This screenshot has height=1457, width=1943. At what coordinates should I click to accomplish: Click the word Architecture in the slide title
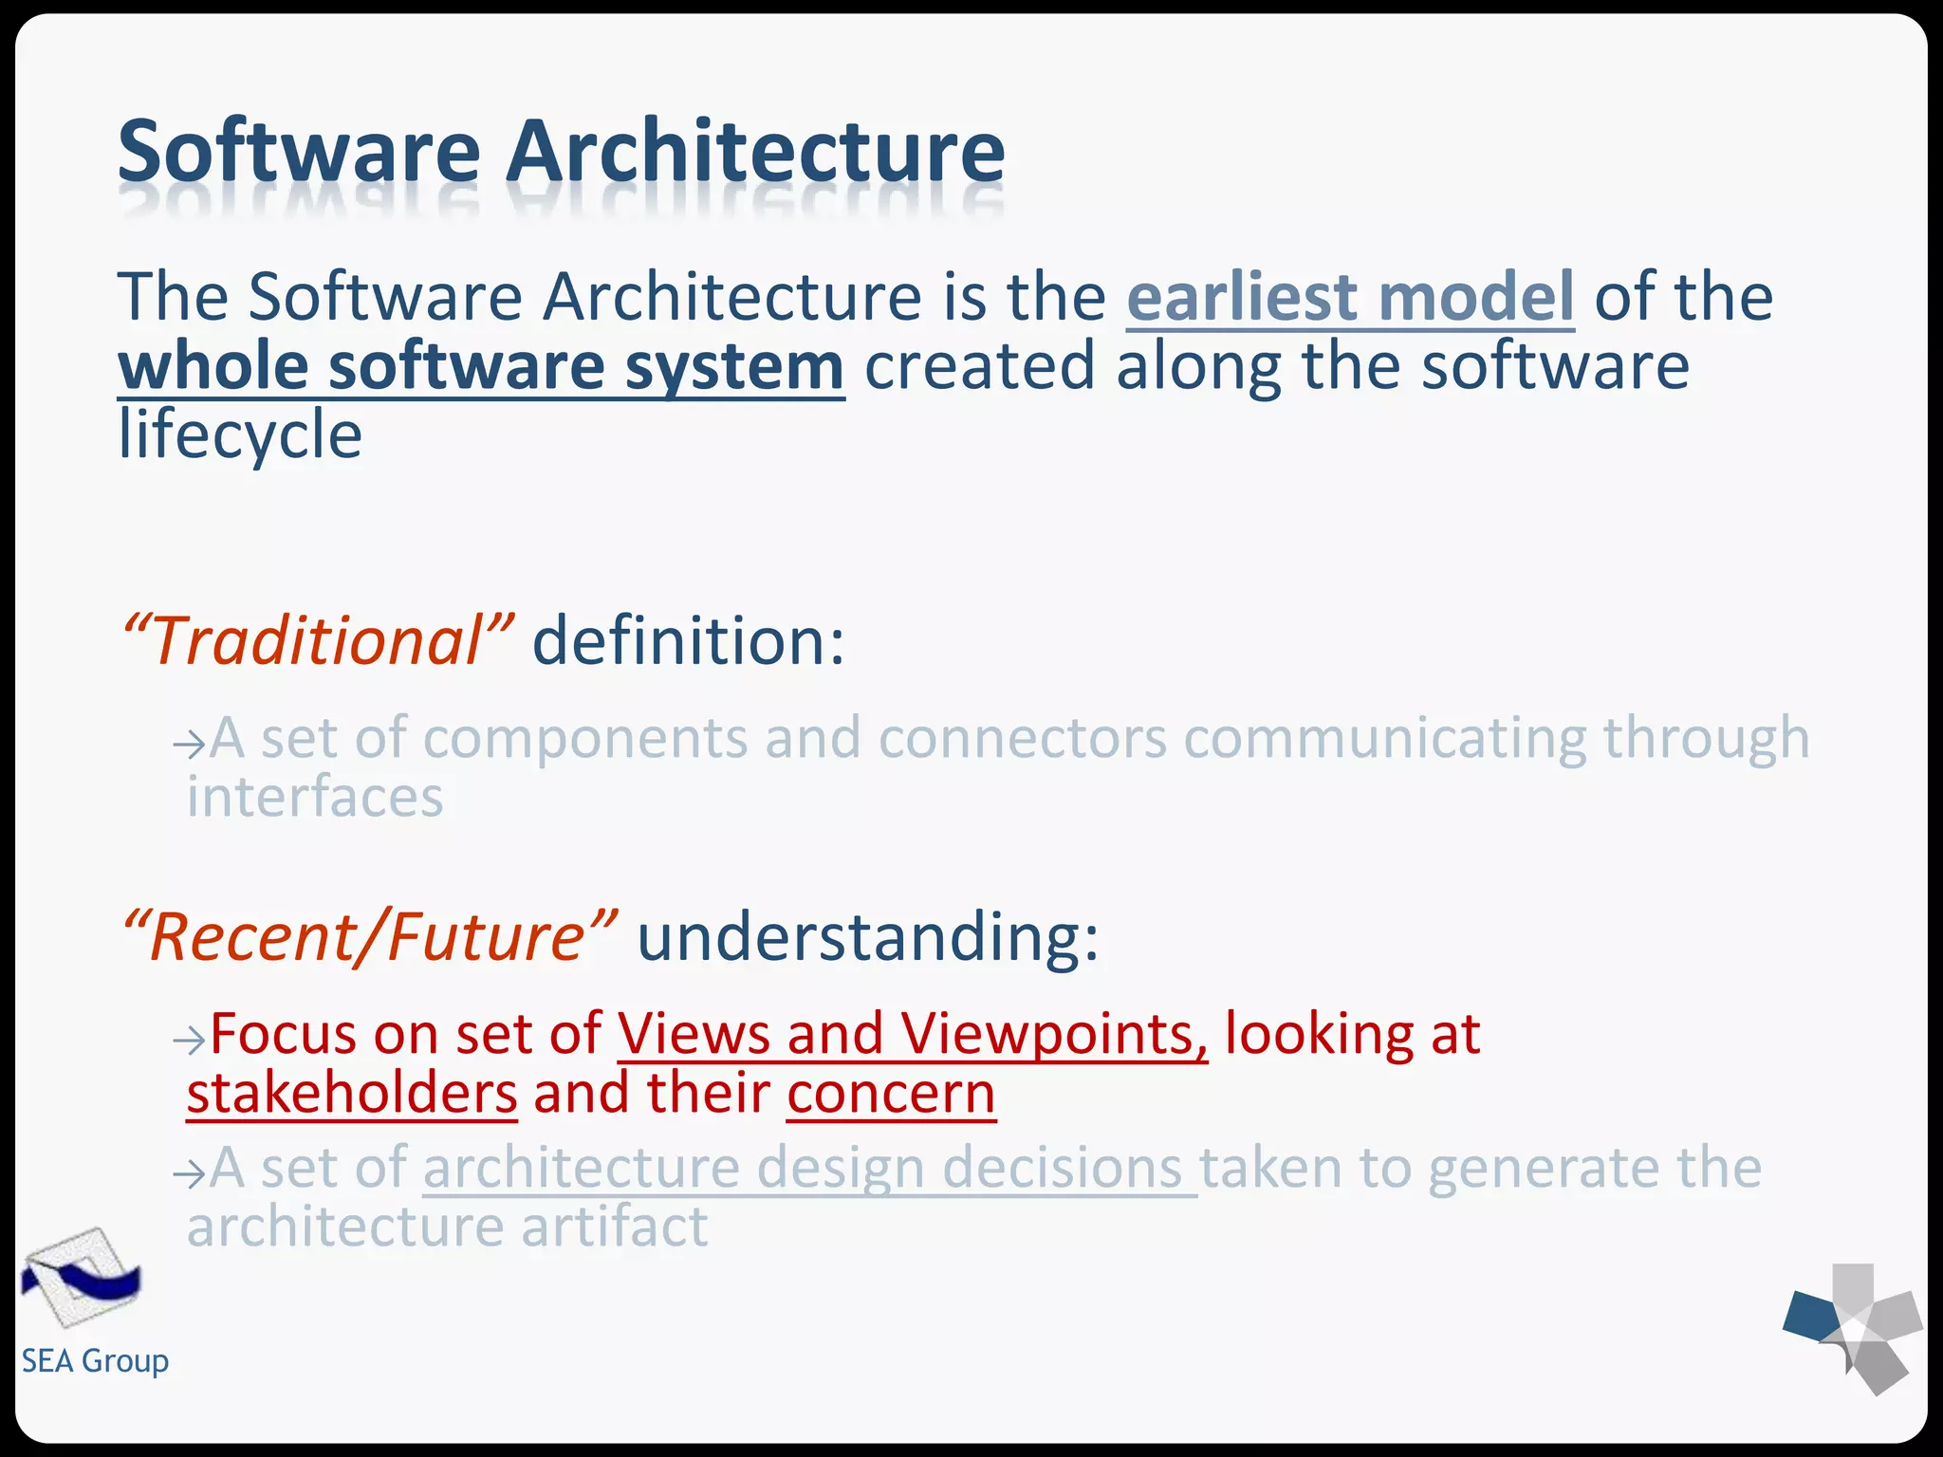point(754,152)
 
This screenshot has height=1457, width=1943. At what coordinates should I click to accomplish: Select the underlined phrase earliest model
point(1350,298)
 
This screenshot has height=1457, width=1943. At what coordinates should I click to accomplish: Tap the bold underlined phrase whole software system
point(481,367)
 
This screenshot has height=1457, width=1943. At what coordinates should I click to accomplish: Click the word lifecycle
point(240,435)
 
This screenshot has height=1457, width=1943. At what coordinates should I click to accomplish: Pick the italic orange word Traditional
point(319,641)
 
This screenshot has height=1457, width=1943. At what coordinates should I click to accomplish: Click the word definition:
point(688,641)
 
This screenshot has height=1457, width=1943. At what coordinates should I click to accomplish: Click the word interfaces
point(315,798)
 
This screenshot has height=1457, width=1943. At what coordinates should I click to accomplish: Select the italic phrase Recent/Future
point(370,937)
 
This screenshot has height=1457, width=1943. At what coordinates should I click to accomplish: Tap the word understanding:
point(867,937)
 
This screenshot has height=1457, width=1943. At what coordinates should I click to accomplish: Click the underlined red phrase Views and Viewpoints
point(913,1034)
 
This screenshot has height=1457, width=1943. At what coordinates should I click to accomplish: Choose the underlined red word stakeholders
point(352,1094)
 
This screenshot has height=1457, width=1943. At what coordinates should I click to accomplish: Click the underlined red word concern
point(891,1094)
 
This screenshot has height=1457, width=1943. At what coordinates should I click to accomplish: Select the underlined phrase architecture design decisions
point(809,1168)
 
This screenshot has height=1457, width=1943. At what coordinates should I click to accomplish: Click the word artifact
point(614,1227)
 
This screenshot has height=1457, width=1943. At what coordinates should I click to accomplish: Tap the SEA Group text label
point(95,1361)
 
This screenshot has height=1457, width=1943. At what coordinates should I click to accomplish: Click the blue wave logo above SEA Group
point(82,1278)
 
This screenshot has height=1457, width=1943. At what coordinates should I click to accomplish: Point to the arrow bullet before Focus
point(189,1041)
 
